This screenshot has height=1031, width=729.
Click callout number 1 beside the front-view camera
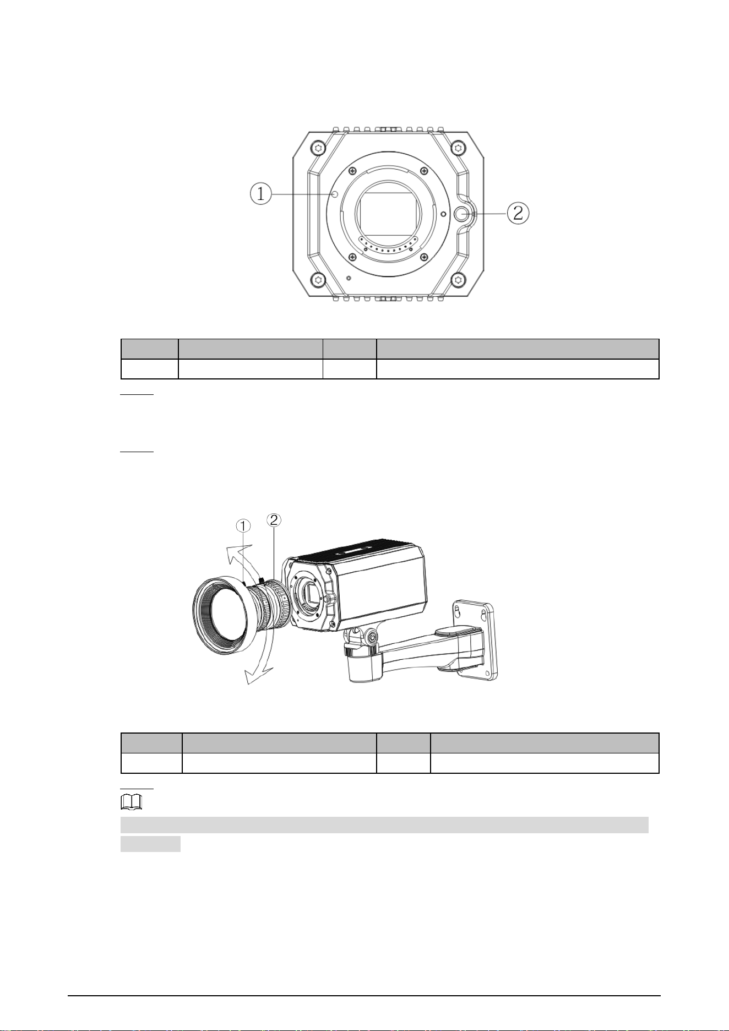[261, 194]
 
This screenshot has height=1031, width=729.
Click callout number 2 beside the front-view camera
[518, 213]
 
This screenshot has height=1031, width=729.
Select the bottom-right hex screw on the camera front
[458, 280]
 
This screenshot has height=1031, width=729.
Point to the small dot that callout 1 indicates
[335, 194]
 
